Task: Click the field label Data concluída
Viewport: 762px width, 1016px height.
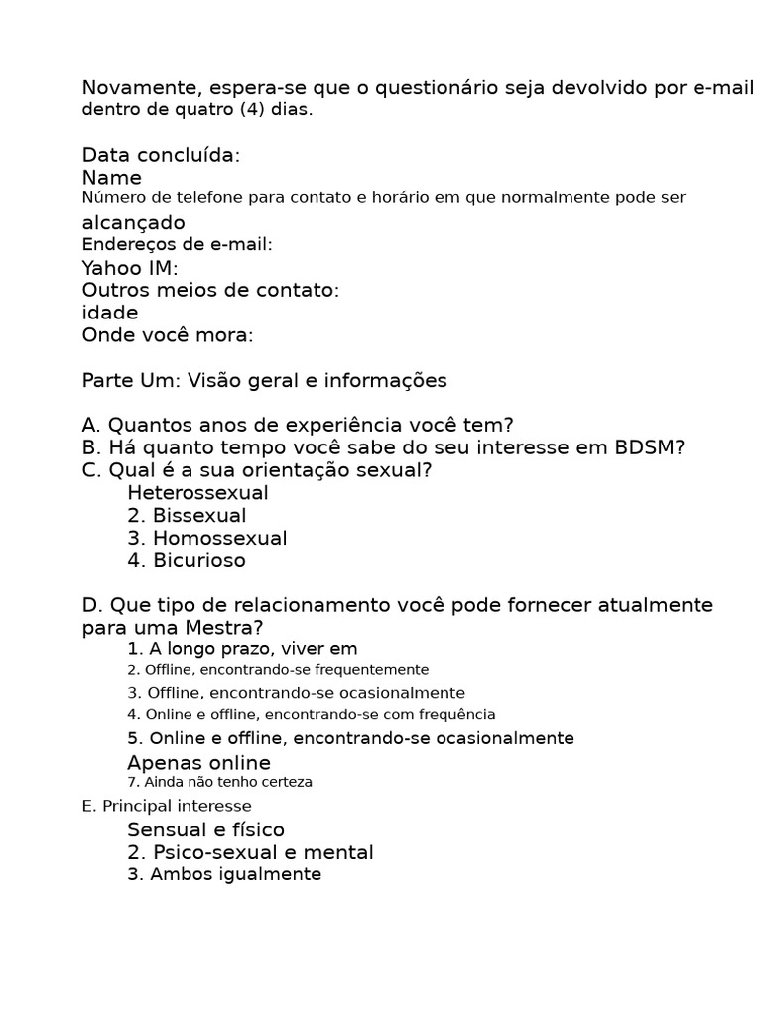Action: coord(161,155)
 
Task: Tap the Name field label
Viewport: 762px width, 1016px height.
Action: coord(111,178)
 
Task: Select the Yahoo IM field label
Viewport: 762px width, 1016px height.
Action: coord(130,268)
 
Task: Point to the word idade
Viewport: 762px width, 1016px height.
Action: coord(110,313)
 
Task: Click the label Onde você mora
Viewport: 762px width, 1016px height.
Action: coord(167,335)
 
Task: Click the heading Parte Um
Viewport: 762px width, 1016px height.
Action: coord(126,381)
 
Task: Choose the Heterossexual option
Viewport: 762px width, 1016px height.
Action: coord(197,493)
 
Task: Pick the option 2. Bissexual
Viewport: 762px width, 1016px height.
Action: coord(187,516)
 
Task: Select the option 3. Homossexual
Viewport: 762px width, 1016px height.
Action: coord(206,539)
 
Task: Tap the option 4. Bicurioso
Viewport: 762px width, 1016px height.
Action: coord(187,561)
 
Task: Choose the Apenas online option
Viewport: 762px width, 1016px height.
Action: coord(198,763)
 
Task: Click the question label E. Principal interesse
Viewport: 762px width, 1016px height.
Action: coord(167,806)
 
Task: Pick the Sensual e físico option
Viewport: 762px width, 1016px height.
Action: coord(205,830)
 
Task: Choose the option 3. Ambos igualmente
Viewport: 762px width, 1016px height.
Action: coord(224,874)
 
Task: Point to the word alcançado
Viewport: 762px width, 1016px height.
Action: coord(133,223)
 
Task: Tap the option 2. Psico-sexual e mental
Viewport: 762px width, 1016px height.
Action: coord(250,852)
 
